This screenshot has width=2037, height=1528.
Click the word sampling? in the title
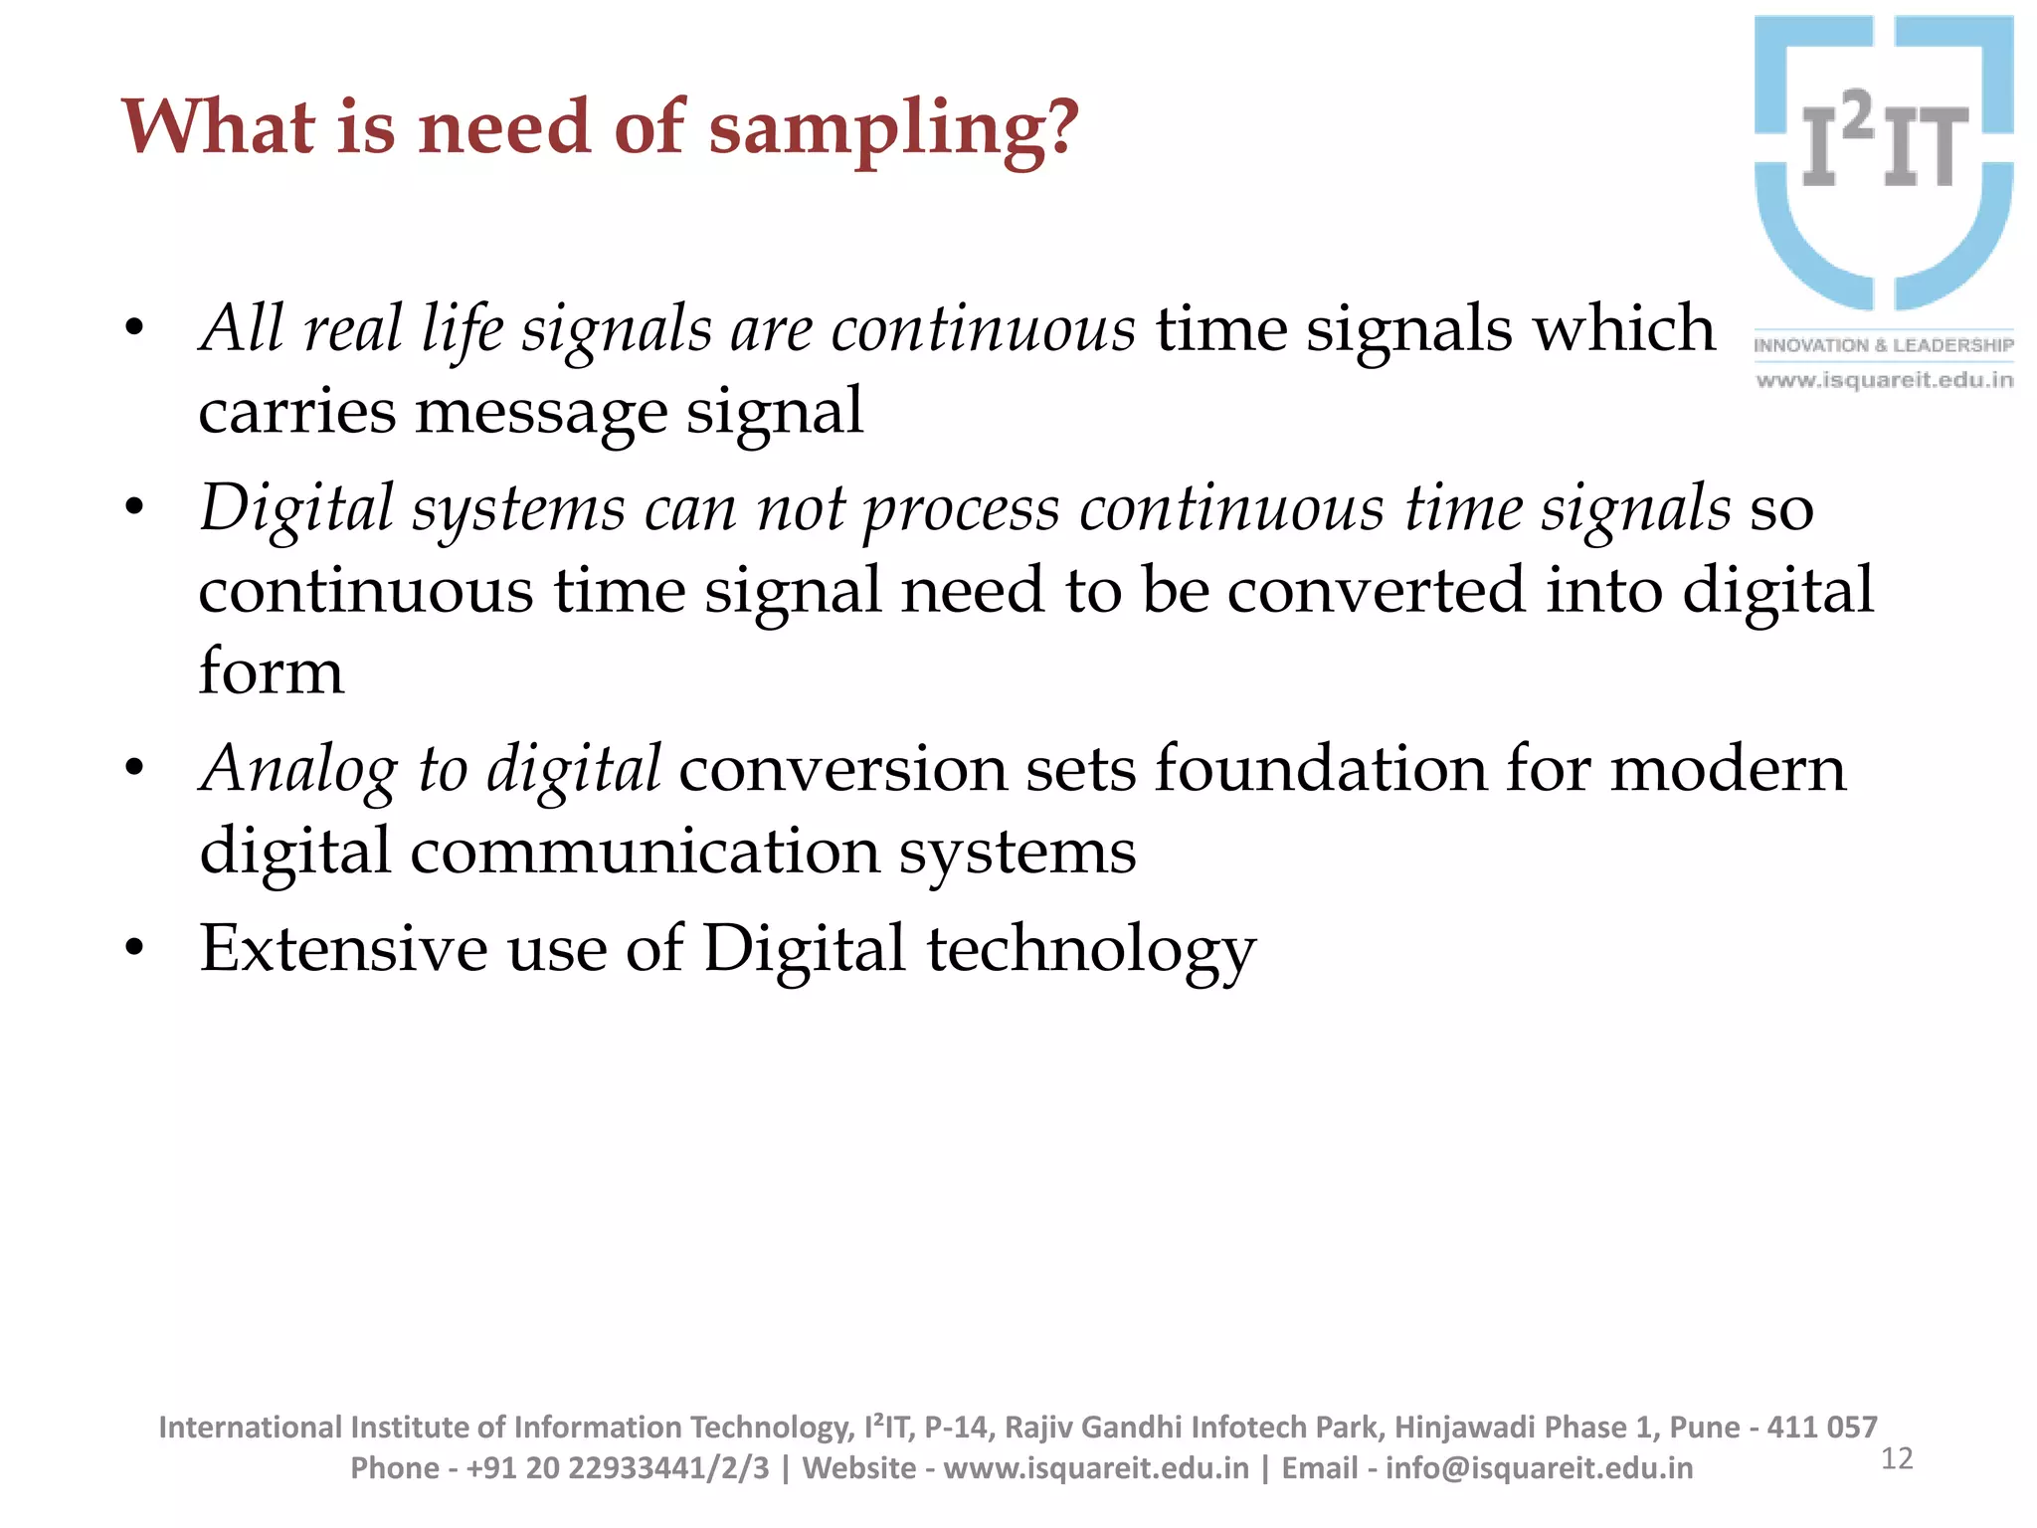[892, 129]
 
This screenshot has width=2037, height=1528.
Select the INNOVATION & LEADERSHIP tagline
[1884, 345]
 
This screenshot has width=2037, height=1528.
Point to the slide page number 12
[1897, 1458]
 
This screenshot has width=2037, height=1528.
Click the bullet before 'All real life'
[134, 329]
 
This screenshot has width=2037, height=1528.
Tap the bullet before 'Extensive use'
[134, 949]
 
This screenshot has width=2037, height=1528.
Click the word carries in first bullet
[296, 411]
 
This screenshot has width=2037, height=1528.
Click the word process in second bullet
[961, 509]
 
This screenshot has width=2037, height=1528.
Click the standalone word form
[271, 670]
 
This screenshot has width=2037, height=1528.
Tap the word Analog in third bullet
[298, 770]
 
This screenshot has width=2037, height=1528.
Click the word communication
[645, 852]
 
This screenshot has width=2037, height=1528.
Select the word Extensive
[343, 948]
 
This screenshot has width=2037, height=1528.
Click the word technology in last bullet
[1091, 949]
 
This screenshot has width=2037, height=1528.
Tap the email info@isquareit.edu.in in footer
[1538, 1468]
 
